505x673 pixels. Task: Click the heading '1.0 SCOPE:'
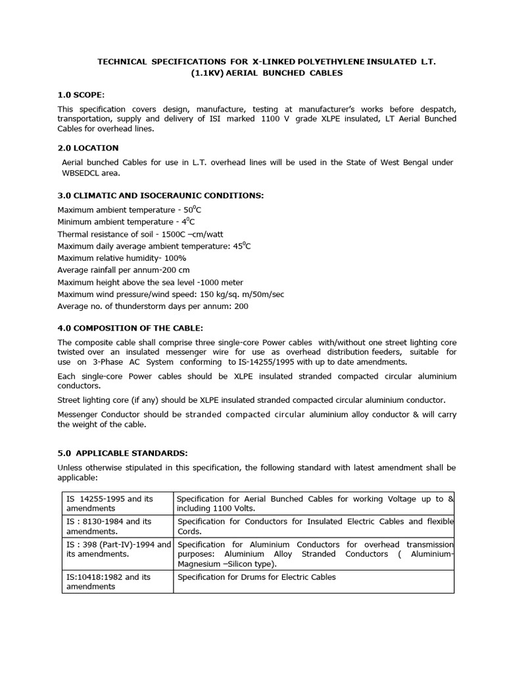[82, 95]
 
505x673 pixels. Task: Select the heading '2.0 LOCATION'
[88, 148]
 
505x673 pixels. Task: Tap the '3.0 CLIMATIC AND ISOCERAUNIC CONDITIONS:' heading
[160, 195]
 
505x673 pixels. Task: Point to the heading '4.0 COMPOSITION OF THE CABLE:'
[130, 328]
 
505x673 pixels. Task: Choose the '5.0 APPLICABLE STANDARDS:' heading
[123, 453]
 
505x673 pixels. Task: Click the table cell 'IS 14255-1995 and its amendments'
[117, 503]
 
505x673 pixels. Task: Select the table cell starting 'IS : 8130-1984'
[117, 526]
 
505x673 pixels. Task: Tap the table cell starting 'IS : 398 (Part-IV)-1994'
[117, 549]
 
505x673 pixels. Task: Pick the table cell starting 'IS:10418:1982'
[117, 581]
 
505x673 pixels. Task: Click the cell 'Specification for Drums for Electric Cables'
[256, 577]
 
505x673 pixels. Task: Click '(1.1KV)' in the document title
[208, 73]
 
